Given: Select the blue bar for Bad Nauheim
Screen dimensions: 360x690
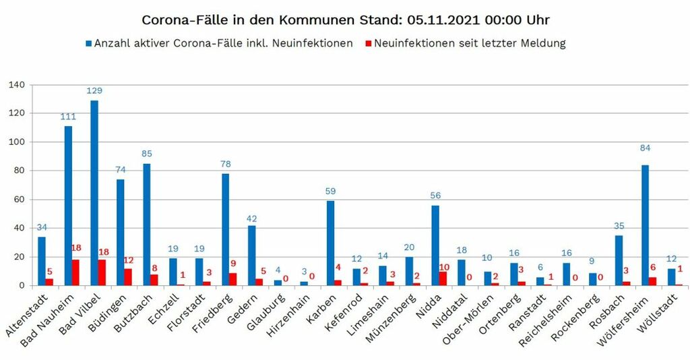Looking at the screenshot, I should pyautogui.click(x=68, y=206).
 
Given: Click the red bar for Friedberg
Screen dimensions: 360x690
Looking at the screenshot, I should pyautogui.click(x=233, y=279).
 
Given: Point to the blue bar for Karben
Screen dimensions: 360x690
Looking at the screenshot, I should pyautogui.click(x=330, y=243).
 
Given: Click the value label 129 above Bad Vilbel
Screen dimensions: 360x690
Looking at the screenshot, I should pyautogui.click(x=94, y=90).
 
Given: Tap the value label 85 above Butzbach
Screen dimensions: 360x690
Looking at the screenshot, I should pyautogui.click(x=147, y=154).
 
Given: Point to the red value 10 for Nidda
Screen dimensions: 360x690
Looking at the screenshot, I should pyautogui.click(x=443, y=266).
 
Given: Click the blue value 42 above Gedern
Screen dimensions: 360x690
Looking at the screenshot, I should pyautogui.click(x=251, y=218).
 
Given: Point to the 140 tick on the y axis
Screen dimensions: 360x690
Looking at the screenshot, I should pyautogui.click(x=16, y=85).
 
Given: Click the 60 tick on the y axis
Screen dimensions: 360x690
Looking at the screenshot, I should pyautogui.click(x=19, y=200).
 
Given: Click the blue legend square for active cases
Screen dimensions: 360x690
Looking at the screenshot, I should pyautogui.click(x=88, y=44).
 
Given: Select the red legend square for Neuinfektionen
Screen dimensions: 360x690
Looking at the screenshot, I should pyautogui.click(x=367, y=44).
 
